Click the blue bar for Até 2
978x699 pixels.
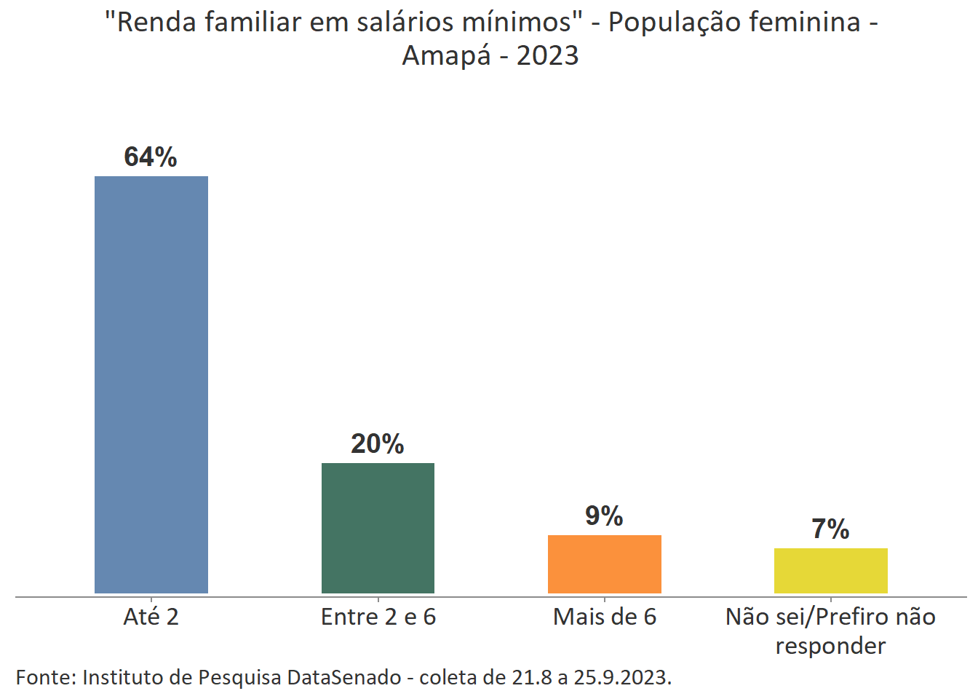[x=151, y=384]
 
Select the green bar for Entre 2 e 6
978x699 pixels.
[x=378, y=528]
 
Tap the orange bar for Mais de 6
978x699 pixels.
[x=604, y=564]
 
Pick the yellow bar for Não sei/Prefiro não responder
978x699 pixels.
[x=830, y=570]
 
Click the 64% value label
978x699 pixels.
[x=151, y=157]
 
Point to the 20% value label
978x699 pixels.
[x=377, y=444]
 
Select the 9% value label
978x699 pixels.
[x=604, y=516]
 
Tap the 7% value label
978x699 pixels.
[x=830, y=529]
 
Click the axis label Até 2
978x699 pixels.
[x=151, y=617]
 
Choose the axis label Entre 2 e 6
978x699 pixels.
[x=378, y=617]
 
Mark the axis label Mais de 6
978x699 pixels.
[x=604, y=617]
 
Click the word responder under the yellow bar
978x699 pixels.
[x=830, y=646]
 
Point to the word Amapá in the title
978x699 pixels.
[x=446, y=56]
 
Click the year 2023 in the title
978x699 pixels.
[x=547, y=56]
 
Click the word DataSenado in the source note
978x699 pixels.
[x=344, y=678]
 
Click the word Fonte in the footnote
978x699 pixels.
[x=45, y=678]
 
